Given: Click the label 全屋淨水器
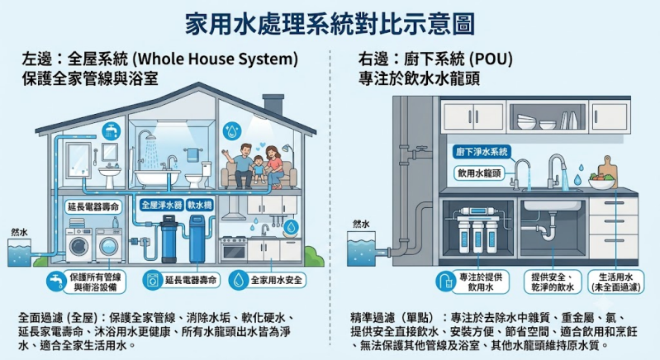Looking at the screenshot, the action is pyautogui.click(x=162, y=206).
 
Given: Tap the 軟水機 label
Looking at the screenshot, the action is pyautogui.click(x=200, y=206).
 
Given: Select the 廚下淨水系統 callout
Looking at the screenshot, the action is pyautogui.click(x=482, y=152).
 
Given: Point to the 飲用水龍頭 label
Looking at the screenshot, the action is pyautogui.click(x=479, y=173).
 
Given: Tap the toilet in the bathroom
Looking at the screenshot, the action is pyautogui.click(x=199, y=175).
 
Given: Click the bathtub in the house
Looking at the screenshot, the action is pyautogui.click(x=157, y=178).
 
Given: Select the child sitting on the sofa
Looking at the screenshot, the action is pyautogui.click(x=258, y=168).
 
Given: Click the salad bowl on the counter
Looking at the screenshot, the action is pyautogui.click(x=601, y=182).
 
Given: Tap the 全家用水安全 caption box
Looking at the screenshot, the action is pyautogui.click(x=268, y=280).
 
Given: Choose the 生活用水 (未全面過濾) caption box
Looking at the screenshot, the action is pyautogui.click(x=615, y=282).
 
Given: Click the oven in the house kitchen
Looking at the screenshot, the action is pyautogui.click(x=233, y=249).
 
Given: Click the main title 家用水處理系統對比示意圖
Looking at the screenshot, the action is pyautogui.click(x=330, y=24).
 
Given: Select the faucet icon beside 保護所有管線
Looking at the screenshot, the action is pyautogui.click(x=56, y=281).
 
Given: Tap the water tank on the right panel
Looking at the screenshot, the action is pyautogui.click(x=361, y=249).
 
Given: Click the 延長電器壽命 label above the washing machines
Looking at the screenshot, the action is pyautogui.click(x=94, y=207).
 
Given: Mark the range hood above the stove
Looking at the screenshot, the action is pyautogui.click(x=233, y=210).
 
